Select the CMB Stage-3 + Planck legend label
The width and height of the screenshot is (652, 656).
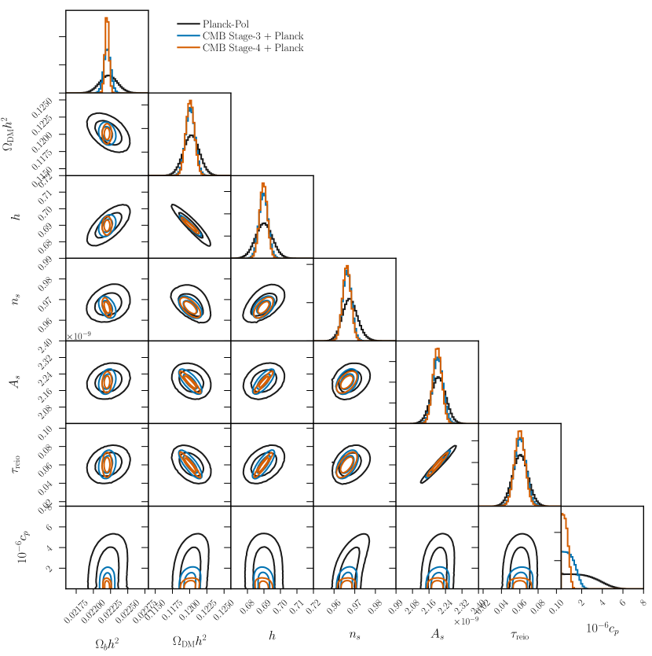(252, 36)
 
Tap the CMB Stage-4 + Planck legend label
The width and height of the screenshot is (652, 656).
(252, 48)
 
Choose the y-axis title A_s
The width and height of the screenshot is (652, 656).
(16, 381)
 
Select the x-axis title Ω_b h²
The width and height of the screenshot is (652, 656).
(107, 643)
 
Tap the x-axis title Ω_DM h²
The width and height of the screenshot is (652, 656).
(189, 643)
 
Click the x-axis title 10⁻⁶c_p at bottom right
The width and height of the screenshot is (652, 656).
(602, 628)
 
